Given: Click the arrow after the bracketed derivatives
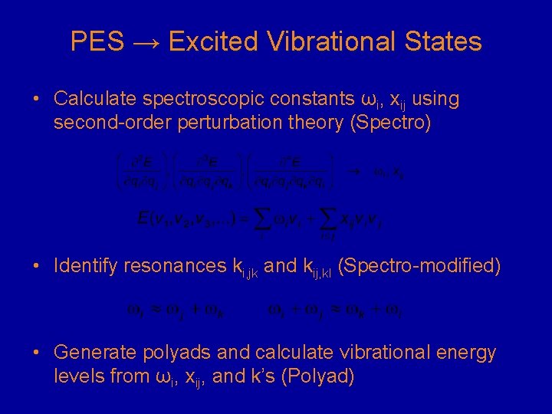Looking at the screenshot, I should pos(353,172).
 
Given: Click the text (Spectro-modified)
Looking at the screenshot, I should pos(419,267).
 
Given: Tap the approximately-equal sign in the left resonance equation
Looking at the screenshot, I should pos(154,310).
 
